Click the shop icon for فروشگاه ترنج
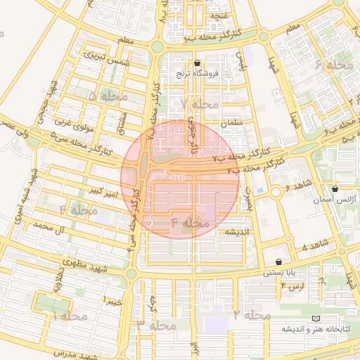pos(198,63)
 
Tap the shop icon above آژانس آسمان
pos(335,188)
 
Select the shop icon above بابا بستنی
pos(279,261)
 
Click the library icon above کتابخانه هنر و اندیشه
pos(324,319)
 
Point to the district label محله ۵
pos(103,95)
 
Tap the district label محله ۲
pos(252,315)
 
